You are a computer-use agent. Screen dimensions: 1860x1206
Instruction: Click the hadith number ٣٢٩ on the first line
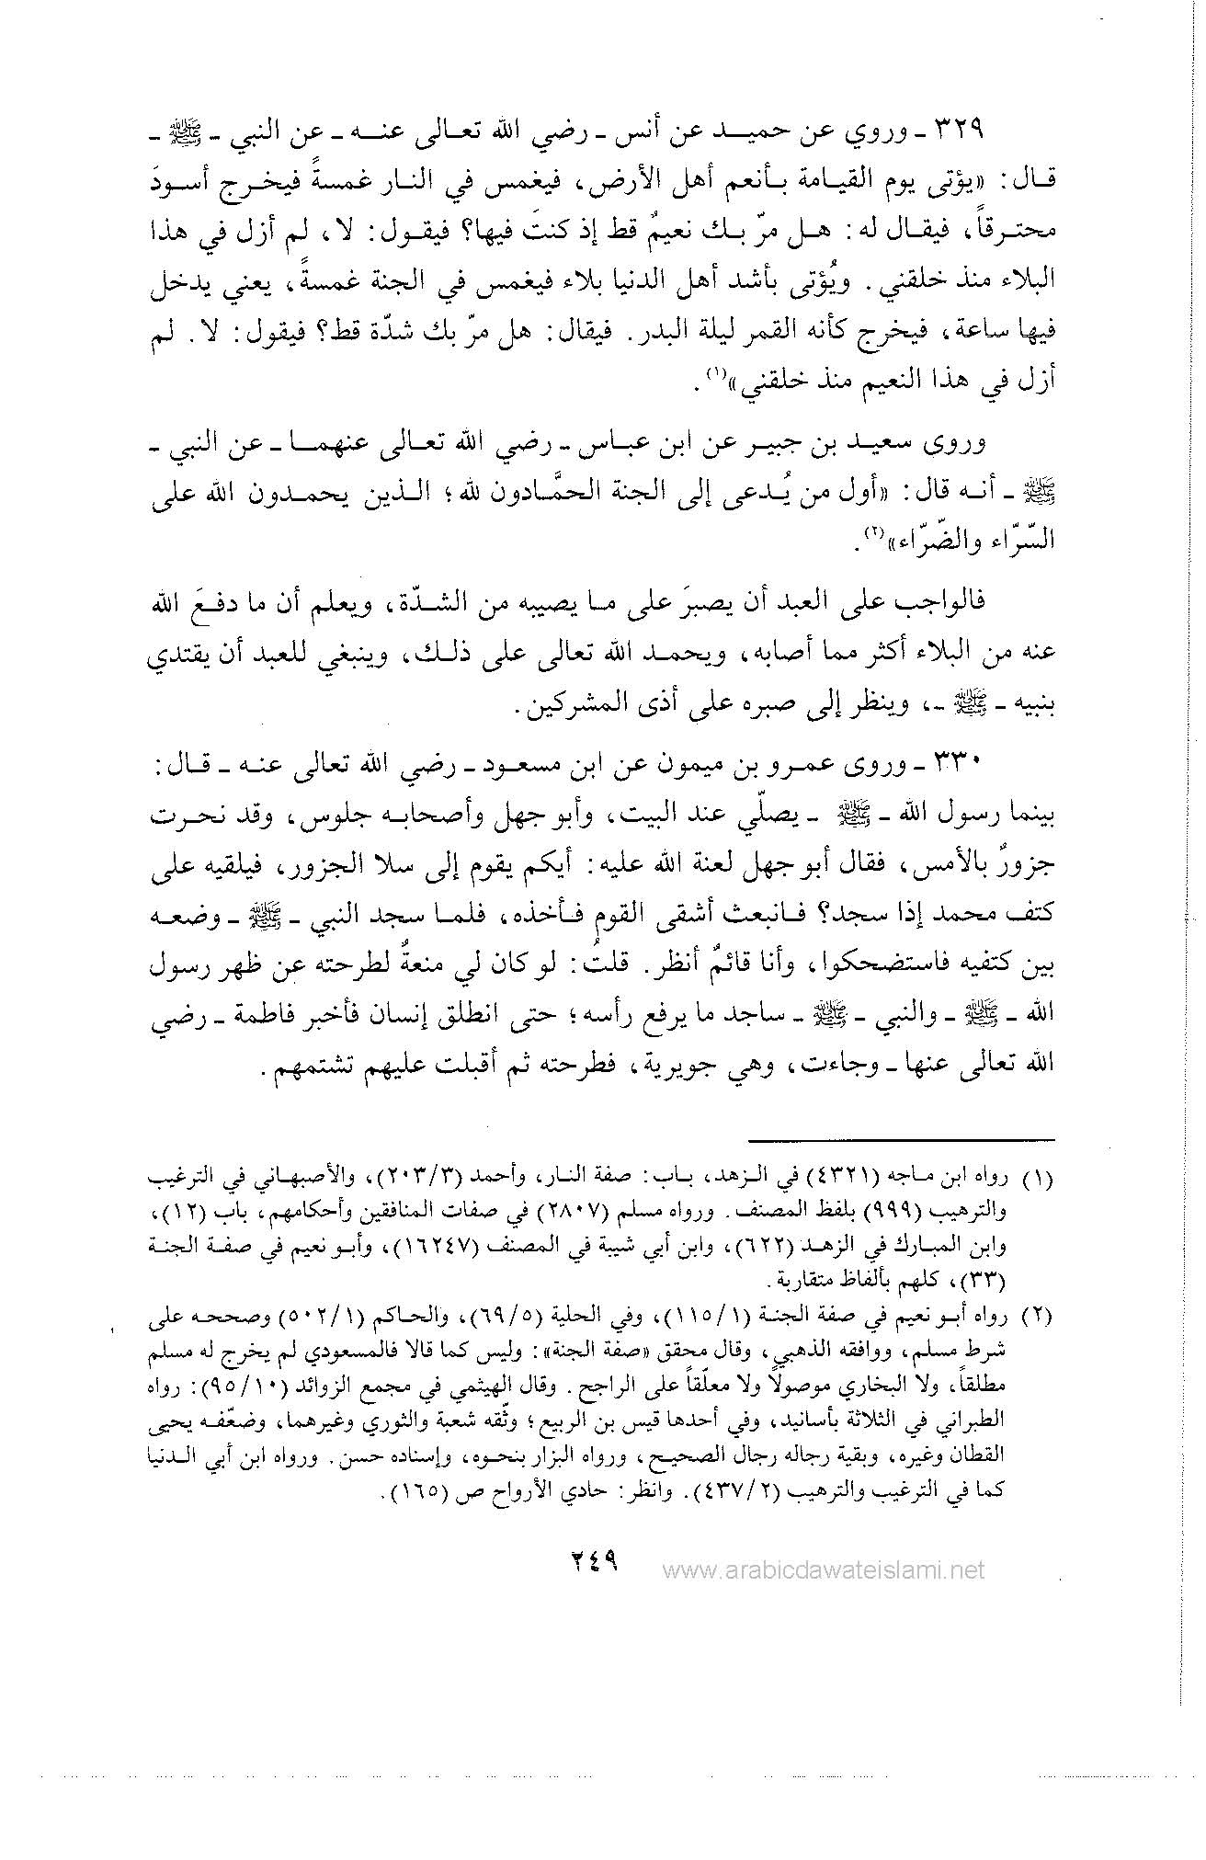pyautogui.click(x=959, y=130)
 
